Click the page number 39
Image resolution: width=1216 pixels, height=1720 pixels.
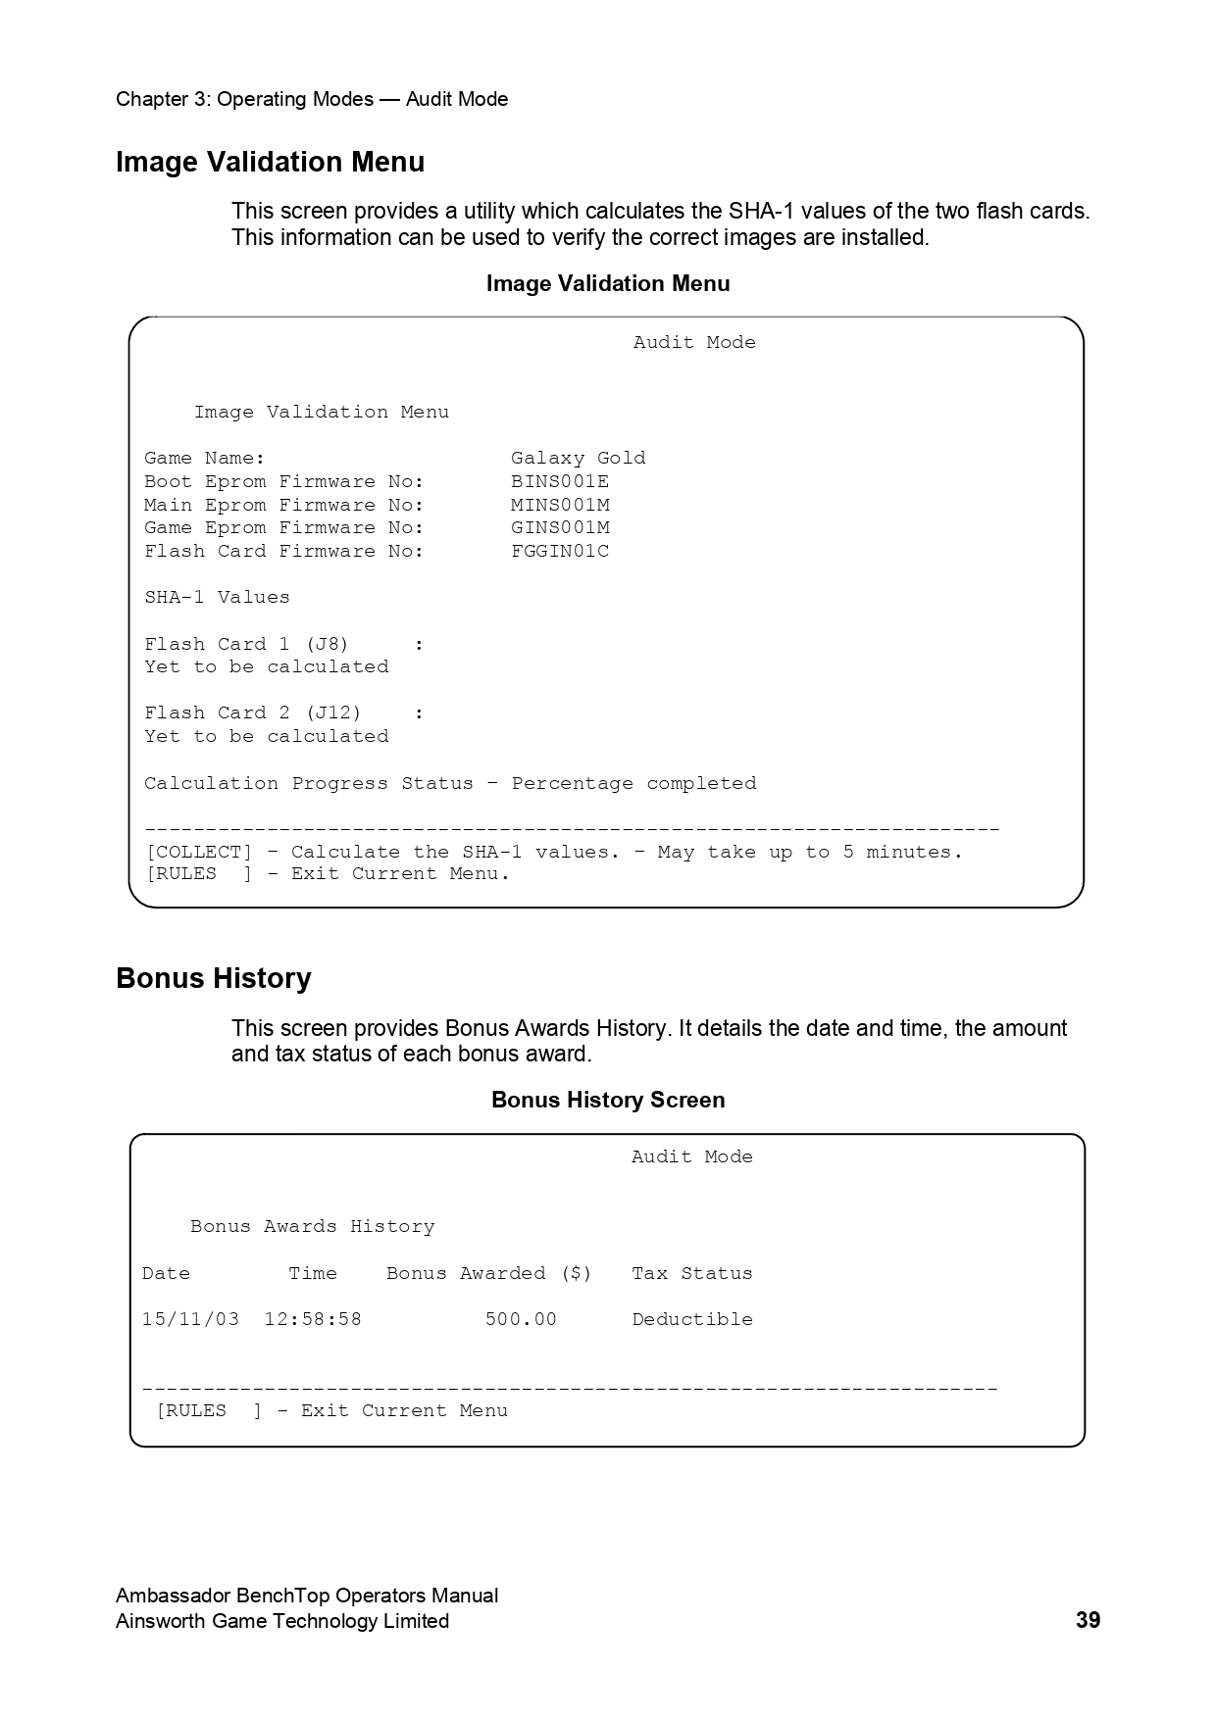tap(1088, 1621)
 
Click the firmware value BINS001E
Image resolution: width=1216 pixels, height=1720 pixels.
tap(560, 481)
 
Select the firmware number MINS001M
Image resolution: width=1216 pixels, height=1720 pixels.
tap(560, 505)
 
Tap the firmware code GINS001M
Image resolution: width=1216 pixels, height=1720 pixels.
tap(560, 527)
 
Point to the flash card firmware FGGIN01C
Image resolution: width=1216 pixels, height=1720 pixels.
tap(560, 551)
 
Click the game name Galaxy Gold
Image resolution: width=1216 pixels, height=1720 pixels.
tap(578, 458)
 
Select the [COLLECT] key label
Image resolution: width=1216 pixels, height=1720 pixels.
tap(198, 852)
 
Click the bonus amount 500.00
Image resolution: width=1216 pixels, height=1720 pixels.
tap(521, 1319)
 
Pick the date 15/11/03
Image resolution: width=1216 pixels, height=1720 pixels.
tap(190, 1319)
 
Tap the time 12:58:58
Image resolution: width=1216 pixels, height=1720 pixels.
tap(313, 1319)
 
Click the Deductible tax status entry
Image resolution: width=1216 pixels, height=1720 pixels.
tap(692, 1319)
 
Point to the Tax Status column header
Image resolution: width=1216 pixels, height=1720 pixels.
tap(692, 1273)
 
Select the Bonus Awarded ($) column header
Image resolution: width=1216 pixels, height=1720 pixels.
tap(489, 1273)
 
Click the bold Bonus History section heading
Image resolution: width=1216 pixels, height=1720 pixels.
tap(214, 978)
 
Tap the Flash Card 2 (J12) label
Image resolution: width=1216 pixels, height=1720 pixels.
tap(253, 713)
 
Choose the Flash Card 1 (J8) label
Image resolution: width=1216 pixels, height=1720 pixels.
tap(246, 644)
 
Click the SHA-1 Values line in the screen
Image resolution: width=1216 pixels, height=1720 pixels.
tap(217, 597)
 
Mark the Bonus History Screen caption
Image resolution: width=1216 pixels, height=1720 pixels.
tap(608, 1100)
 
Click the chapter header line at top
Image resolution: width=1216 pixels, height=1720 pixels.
tap(312, 99)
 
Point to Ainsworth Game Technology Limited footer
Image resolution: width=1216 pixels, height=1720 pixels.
tap(282, 1621)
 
